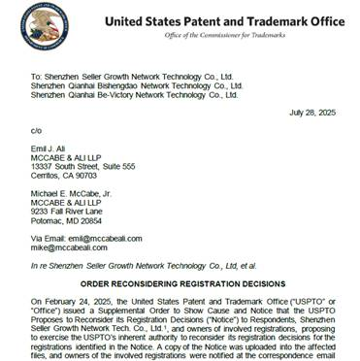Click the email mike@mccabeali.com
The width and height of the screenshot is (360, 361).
[x=73, y=248]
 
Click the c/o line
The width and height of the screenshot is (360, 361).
[x=37, y=128]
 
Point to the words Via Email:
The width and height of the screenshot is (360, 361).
[x=48, y=239]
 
